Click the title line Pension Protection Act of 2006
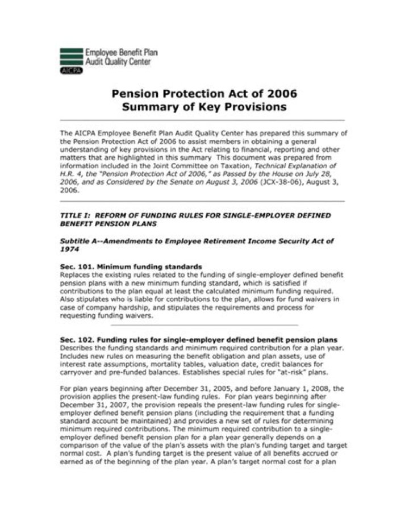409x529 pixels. click(204, 94)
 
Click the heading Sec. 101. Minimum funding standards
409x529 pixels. click(131, 266)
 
